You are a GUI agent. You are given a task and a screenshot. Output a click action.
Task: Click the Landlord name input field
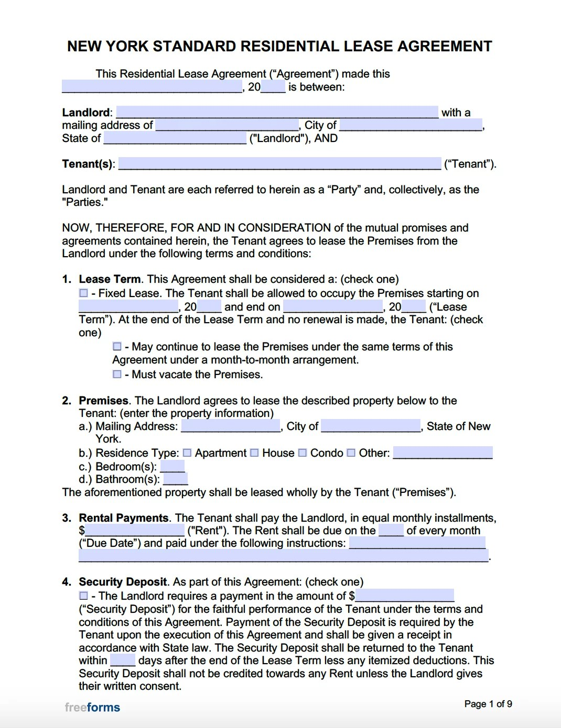point(277,112)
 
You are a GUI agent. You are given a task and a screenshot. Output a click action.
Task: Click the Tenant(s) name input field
point(279,163)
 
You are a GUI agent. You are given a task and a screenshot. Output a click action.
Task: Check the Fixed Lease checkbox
point(83,293)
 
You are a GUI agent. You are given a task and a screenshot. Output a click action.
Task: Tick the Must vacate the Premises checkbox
point(117,374)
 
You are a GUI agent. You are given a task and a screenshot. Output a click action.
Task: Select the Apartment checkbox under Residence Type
point(187,453)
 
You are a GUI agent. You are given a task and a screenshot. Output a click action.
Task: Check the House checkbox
point(254,453)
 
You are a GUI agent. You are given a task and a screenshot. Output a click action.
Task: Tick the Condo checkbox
point(303,453)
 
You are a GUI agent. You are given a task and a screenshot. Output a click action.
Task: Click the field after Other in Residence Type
point(443,453)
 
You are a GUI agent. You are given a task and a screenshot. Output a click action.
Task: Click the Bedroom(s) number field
point(172,466)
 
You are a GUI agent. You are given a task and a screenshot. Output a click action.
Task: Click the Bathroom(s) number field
point(175,479)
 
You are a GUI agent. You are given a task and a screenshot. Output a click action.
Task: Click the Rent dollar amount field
point(134,530)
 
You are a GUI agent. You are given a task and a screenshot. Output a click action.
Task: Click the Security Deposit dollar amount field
point(404,595)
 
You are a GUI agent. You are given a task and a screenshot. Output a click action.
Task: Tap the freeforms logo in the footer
point(92,708)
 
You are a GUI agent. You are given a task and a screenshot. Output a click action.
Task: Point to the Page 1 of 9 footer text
point(488,704)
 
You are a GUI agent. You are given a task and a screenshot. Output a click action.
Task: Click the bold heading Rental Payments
point(124,518)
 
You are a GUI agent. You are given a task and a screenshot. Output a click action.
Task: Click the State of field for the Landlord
point(175,138)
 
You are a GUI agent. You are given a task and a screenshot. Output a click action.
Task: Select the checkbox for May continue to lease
point(117,347)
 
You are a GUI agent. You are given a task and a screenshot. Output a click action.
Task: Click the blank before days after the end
point(123,660)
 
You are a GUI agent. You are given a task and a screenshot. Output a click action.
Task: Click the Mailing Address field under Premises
point(231,426)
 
